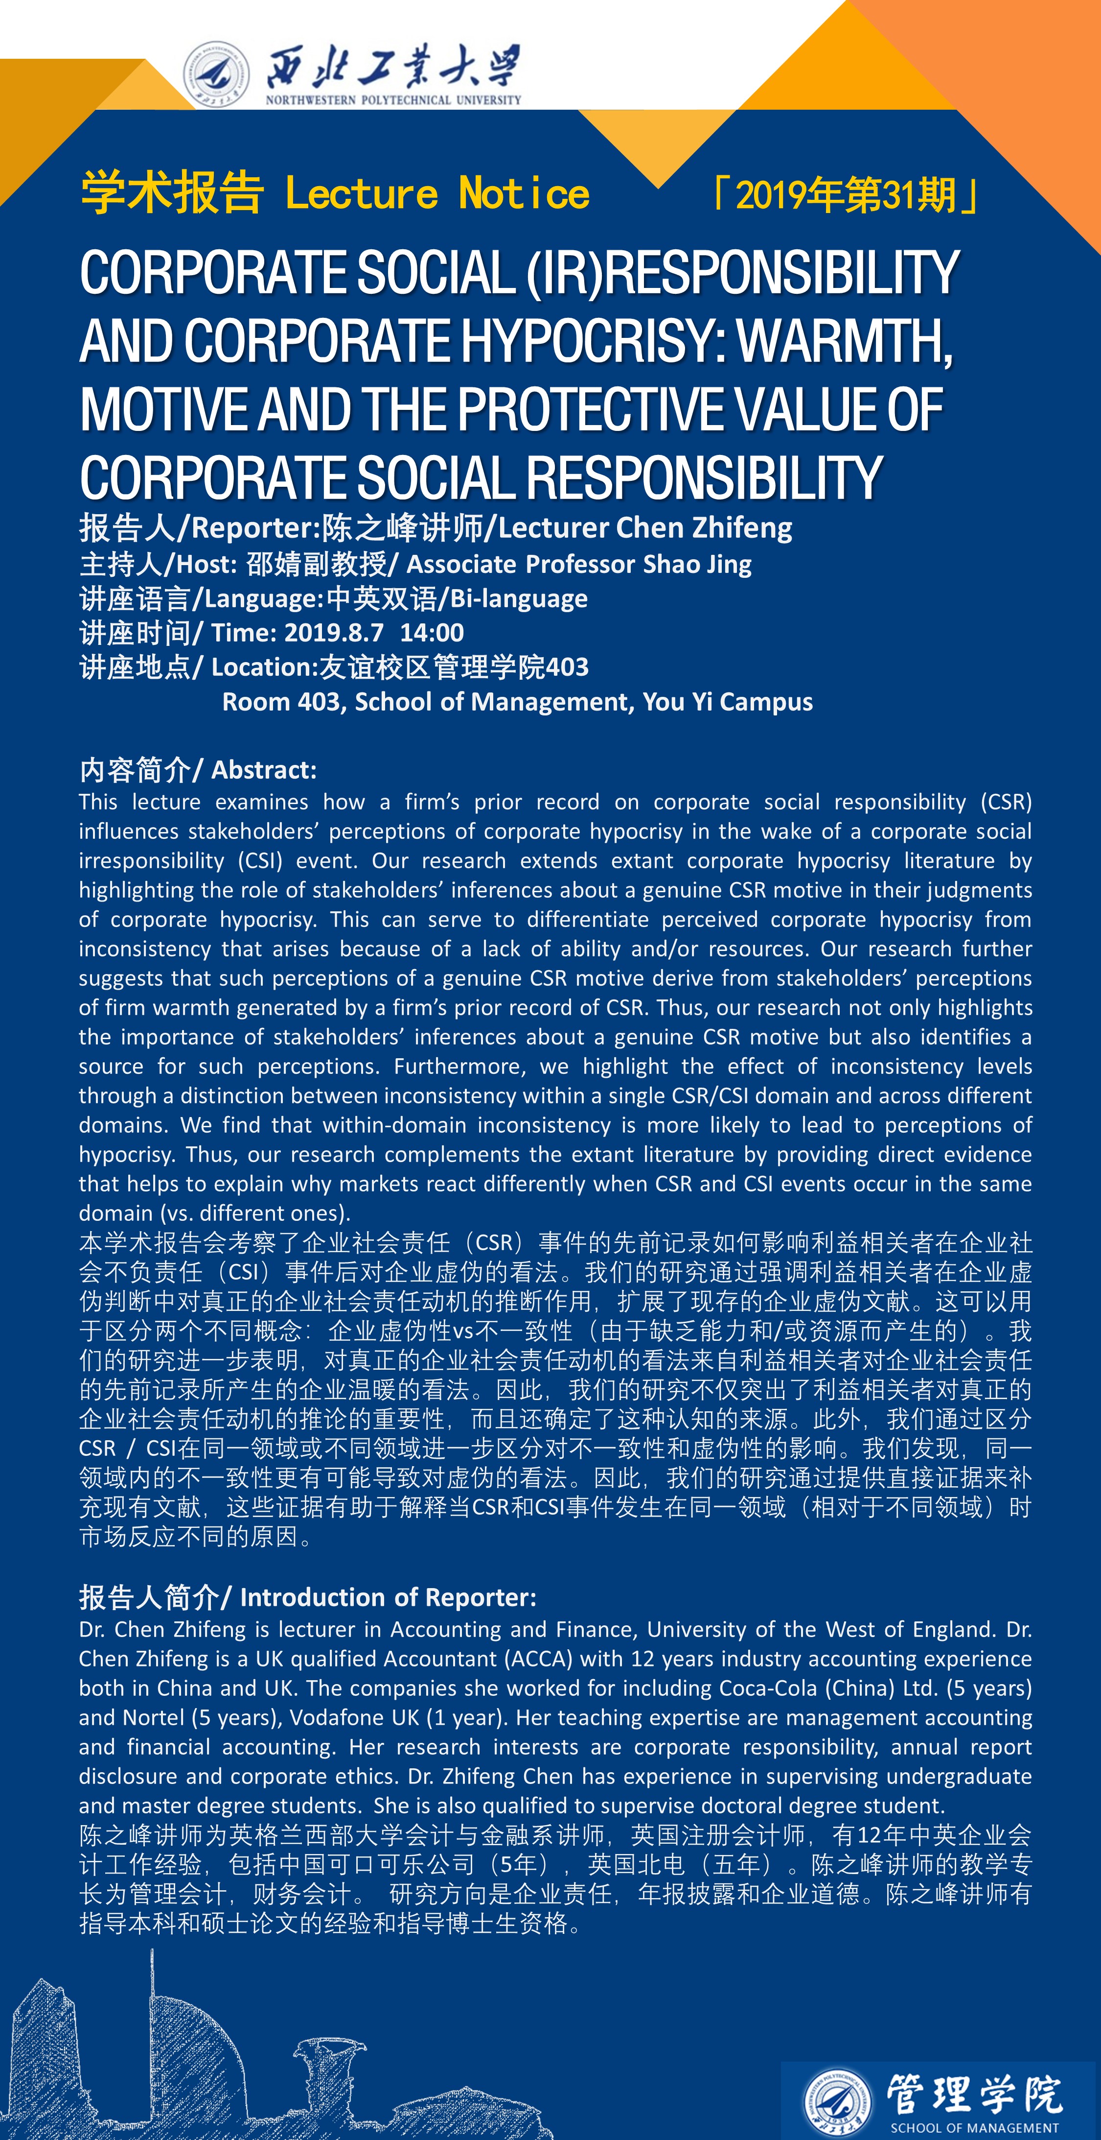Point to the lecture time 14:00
(x=432, y=633)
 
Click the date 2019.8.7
(x=334, y=633)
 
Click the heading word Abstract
(x=264, y=770)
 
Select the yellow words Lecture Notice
(x=437, y=193)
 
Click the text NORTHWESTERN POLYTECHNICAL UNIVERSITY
(x=393, y=100)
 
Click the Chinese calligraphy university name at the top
(x=393, y=67)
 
